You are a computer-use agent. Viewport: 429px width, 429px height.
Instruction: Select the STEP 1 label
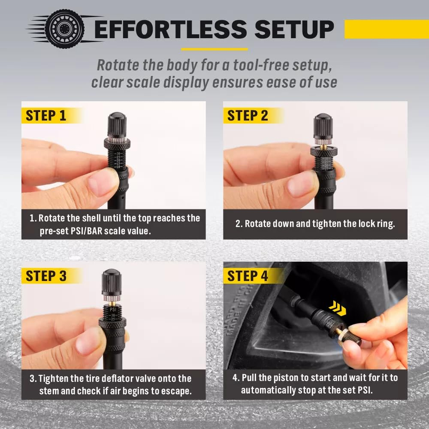pos(46,116)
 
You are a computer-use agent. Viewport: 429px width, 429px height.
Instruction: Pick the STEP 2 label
pos(248,116)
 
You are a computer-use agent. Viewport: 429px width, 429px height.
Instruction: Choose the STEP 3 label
pos(46,276)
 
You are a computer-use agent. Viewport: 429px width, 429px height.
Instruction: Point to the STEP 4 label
pos(248,276)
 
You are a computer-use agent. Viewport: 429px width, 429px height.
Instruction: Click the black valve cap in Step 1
pos(116,125)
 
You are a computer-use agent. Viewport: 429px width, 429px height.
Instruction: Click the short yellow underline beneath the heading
pos(214,49)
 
